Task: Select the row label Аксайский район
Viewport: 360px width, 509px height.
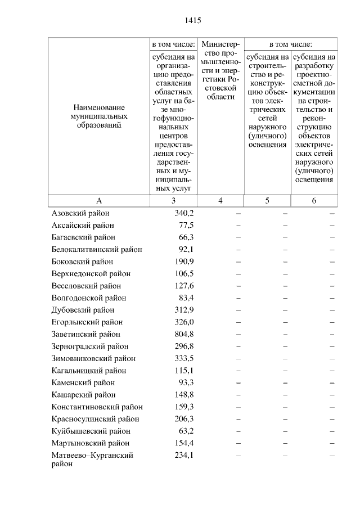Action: pos(83,225)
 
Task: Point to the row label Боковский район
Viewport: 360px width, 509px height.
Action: pos(82,262)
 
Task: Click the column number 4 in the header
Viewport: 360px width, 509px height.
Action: pos(220,201)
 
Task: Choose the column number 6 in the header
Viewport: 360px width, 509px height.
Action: pos(314,201)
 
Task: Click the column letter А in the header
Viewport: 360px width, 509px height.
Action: pos(98,201)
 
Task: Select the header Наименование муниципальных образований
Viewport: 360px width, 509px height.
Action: pos(98,116)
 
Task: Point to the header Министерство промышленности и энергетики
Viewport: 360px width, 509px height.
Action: pos(220,70)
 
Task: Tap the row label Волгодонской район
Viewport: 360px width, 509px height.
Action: pos(89,298)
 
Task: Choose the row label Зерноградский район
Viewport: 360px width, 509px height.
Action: pos(90,346)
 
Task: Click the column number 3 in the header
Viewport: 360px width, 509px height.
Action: pos(173,201)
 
